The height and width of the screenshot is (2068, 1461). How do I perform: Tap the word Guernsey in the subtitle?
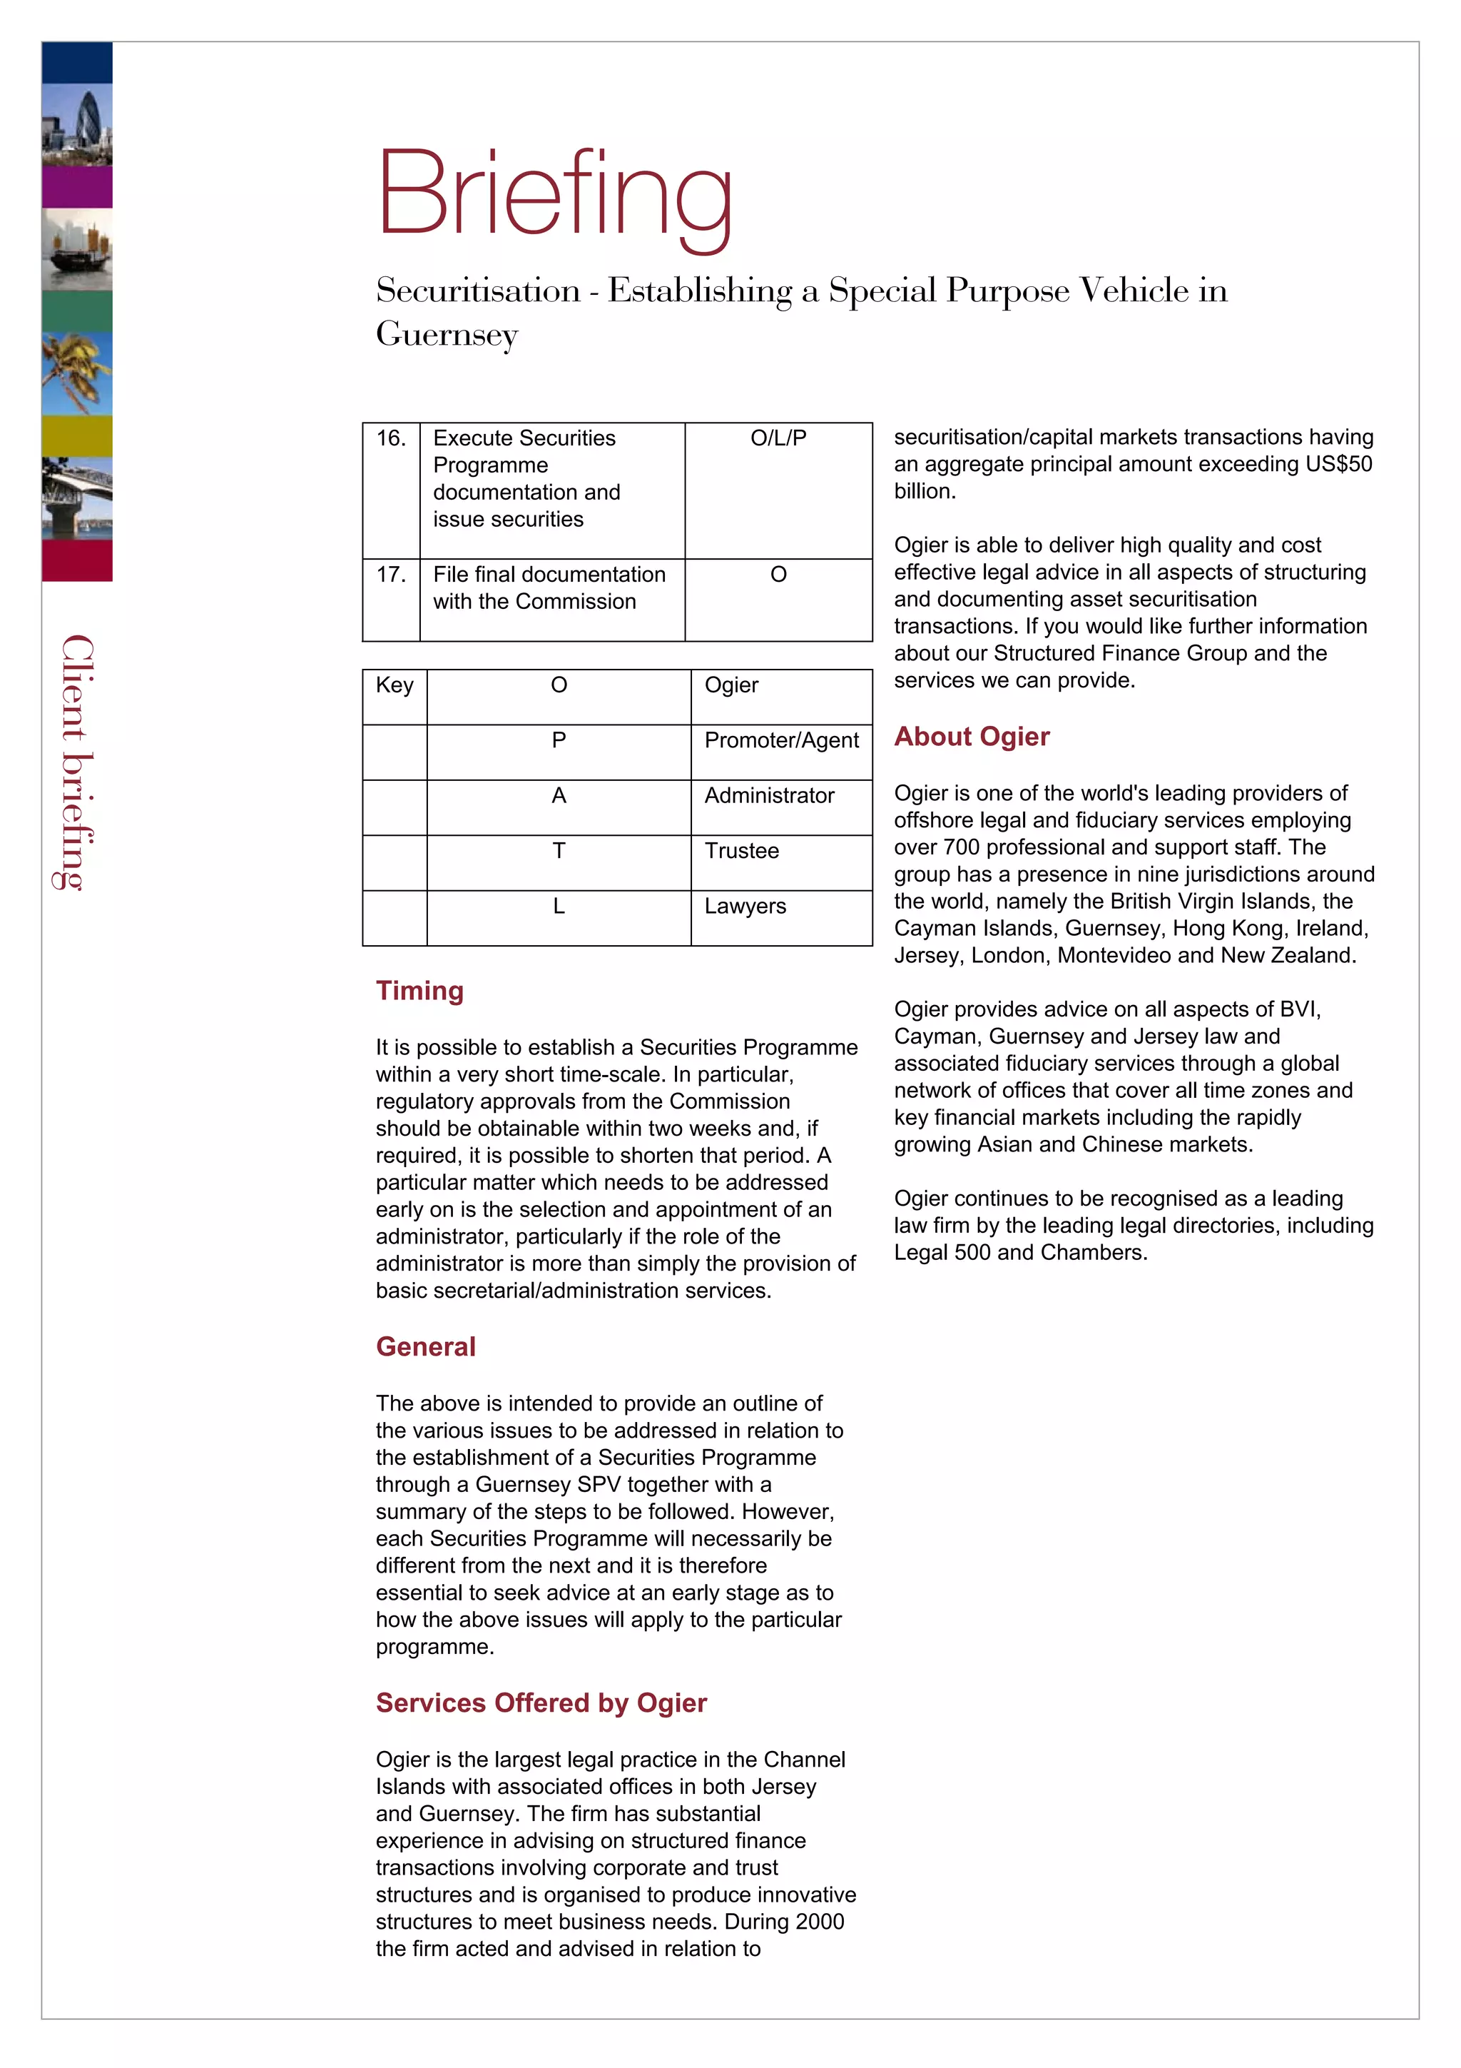[447, 335]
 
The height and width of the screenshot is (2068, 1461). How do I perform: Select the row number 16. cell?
[391, 438]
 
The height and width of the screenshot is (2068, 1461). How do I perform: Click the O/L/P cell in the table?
[778, 438]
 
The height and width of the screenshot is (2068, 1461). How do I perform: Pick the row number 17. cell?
[391, 575]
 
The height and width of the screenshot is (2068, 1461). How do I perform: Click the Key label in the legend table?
[394, 685]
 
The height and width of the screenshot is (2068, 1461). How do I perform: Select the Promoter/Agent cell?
[780, 740]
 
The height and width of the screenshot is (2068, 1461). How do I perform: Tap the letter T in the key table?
[558, 851]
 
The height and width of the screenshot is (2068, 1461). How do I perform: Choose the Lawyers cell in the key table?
[745, 906]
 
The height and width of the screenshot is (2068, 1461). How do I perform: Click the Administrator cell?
[769, 796]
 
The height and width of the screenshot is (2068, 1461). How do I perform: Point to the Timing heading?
[419, 991]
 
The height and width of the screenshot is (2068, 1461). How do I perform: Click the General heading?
[425, 1346]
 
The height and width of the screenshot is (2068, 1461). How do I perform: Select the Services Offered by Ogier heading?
[541, 1703]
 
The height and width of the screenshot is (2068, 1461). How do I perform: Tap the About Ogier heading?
[972, 737]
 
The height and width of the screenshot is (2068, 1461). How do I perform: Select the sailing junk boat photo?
[78, 250]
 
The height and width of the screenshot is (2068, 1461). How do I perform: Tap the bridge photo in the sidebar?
[78, 498]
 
